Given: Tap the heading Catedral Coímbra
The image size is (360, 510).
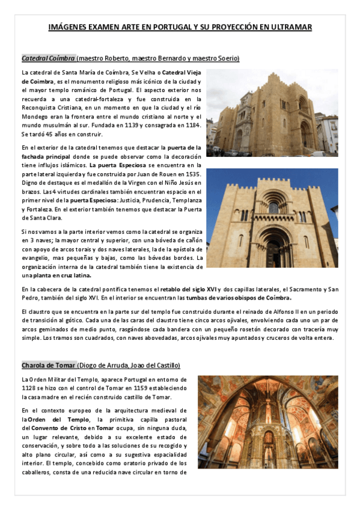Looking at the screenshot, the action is (48, 58).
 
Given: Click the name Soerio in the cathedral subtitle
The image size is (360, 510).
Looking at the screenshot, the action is (227, 58).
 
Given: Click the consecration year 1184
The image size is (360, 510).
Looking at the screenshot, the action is (191, 125).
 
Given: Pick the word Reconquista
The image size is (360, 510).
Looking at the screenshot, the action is (38, 107).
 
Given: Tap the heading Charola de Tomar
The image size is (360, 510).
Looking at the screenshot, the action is (48, 365).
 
